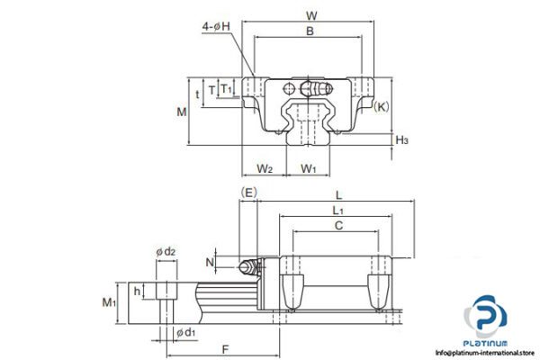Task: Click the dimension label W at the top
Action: [x=310, y=14]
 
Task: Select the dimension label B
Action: [x=310, y=31]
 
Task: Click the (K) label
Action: [x=382, y=107]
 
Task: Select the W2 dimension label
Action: [x=265, y=168]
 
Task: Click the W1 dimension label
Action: [x=309, y=168]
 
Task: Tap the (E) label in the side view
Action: [x=249, y=192]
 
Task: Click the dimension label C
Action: [x=337, y=226]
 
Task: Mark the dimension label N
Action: [x=211, y=262]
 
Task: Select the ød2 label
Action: [x=165, y=251]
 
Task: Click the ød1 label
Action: [x=185, y=333]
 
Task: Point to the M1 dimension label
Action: [x=108, y=301]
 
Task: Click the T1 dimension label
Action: [x=228, y=89]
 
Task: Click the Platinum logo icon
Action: [x=486, y=320]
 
